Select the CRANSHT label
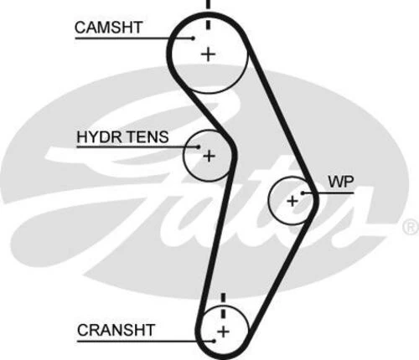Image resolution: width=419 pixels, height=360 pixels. [x=112, y=329]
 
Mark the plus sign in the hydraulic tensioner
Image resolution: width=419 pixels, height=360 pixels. [x=209, y=156]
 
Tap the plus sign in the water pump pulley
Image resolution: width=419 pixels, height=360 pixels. [x=292, y=201]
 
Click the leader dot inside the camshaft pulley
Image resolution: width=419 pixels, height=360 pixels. [x=194, y=38]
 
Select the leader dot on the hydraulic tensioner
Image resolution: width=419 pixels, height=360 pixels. [x=199, y=147]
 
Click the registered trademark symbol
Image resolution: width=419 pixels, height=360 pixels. [x=409, y=227]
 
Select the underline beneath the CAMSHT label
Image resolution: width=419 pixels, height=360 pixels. [x=126, y=38]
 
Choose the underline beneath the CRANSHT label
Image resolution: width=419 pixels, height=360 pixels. [x=134, y=341]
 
